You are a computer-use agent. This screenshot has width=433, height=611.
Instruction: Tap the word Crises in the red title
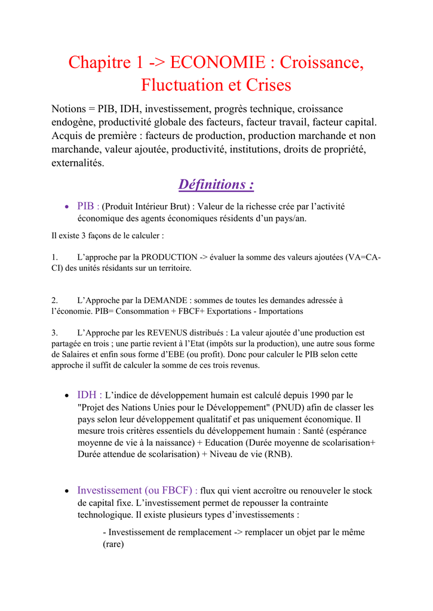(x=266, y=85)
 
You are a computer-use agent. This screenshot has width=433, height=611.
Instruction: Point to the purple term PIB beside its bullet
(x=87, y=206)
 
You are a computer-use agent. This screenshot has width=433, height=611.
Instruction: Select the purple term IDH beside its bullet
(x=87, y=395)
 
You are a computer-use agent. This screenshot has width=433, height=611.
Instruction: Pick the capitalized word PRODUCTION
(x=170, y=257)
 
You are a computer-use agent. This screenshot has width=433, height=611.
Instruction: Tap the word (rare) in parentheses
(x=113, y=544)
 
